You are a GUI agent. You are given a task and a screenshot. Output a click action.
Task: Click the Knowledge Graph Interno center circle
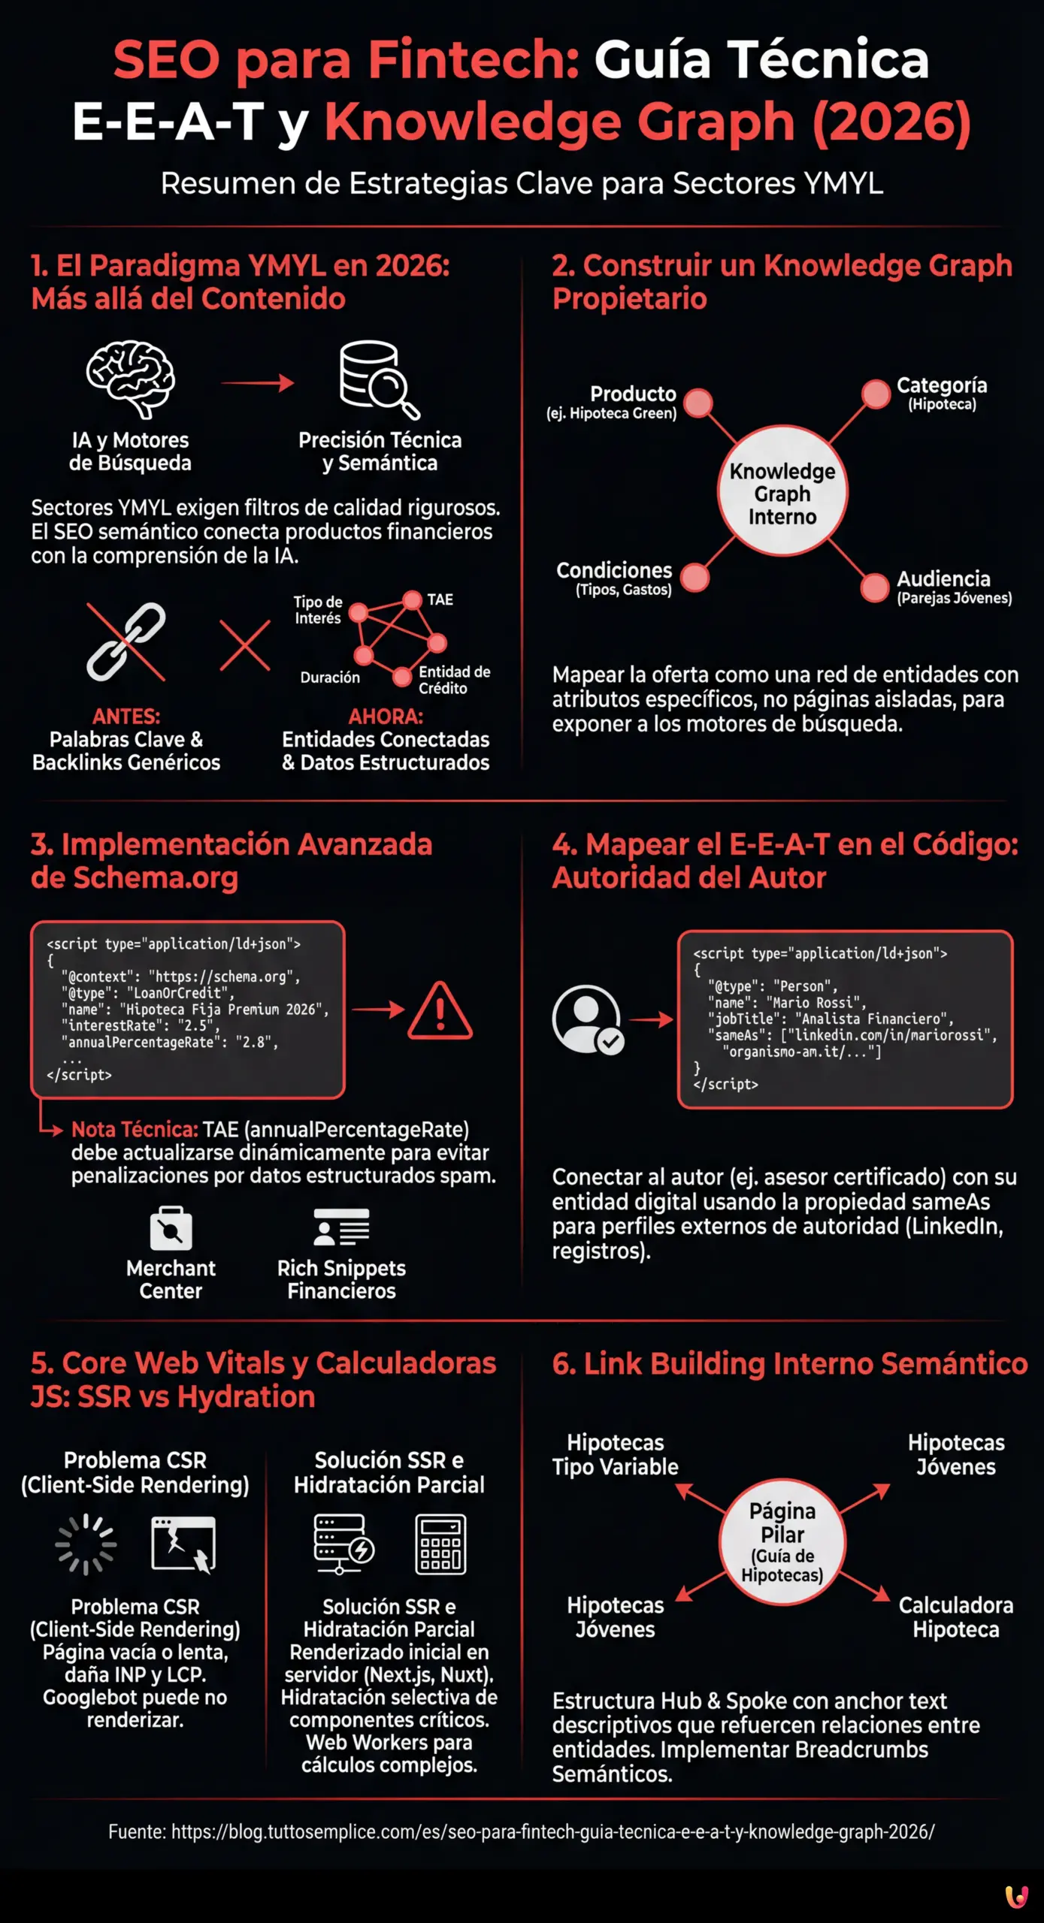(782, 493)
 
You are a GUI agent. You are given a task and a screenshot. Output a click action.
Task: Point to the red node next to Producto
(698, 403)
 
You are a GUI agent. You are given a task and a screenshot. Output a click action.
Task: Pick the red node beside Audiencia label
(874, 587)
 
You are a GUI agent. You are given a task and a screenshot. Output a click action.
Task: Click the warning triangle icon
(440, 1012)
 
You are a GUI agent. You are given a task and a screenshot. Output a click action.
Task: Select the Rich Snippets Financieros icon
(341, 1227)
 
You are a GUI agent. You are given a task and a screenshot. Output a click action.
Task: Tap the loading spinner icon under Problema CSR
(86, 1544)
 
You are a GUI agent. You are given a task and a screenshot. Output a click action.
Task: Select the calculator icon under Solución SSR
(440, 1544)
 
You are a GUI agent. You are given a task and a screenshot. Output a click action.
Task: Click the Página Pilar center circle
(782, 1542)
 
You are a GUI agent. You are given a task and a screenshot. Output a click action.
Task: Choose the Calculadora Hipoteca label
(955, 1617)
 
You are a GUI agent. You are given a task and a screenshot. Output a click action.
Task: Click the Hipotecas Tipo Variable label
(615, 1454)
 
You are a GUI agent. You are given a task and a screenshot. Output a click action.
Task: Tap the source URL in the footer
(552, 1831)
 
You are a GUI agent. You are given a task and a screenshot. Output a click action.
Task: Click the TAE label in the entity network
(440, 599)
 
